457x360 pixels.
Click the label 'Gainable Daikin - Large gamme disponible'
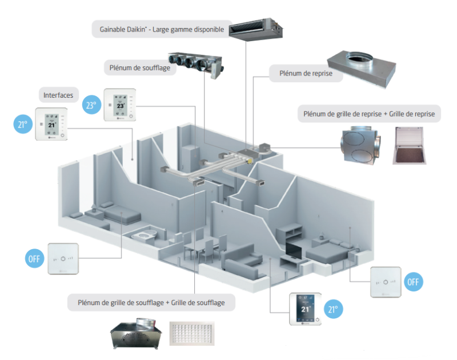161,29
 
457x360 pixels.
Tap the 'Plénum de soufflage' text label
136,67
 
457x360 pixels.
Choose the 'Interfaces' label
58,95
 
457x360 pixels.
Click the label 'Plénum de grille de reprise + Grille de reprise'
369,114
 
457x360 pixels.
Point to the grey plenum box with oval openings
361,145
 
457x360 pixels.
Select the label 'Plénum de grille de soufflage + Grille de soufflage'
151,302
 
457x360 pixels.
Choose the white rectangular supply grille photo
195,334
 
